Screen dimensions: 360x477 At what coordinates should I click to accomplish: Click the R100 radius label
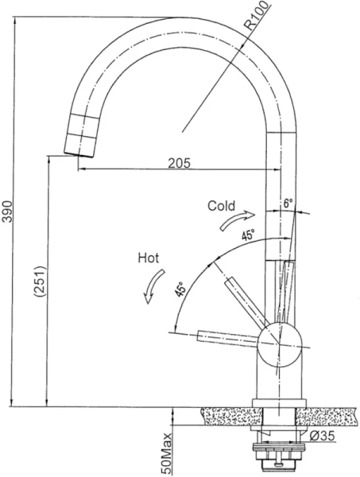click(x=257, y=16)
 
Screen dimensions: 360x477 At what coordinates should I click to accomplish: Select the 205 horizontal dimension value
click(x=179, y=163)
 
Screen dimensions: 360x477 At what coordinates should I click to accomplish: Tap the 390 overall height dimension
click(x=7, y=211)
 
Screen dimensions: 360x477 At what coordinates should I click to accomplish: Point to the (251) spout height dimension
click(x=40, y=281)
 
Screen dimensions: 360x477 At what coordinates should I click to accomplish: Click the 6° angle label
click(x=288, y=204)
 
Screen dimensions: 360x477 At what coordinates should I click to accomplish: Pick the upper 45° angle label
click(x=248, y=235)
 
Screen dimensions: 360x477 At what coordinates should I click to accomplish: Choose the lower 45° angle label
click(x=180, y=289)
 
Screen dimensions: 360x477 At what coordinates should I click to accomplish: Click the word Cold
click(x=222, y=206)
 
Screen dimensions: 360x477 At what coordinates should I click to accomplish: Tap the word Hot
click(x=149, y=258)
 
